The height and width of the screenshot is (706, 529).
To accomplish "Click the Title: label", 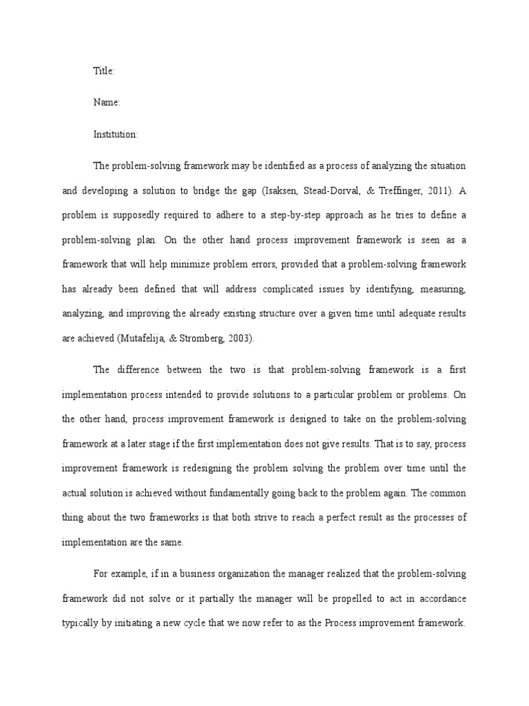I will pos(104,70).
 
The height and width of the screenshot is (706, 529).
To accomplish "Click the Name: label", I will pos(107,102).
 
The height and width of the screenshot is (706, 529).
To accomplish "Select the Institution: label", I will pos(116,134).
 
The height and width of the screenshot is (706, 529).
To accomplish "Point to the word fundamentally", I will pos(245,493).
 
